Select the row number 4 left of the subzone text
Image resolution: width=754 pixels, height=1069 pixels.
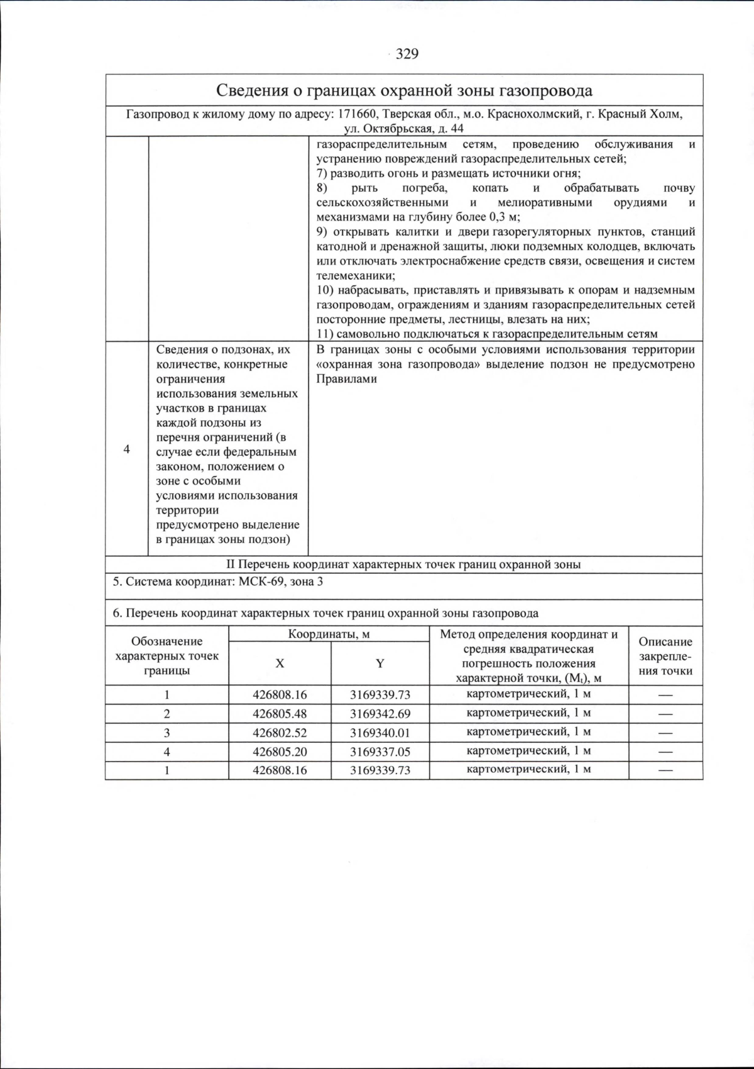127,449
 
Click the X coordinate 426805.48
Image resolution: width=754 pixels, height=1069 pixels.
280,714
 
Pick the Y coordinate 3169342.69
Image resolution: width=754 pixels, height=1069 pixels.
380,714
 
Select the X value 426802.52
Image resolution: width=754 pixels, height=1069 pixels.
280,733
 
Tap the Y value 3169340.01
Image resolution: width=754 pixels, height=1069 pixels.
380,733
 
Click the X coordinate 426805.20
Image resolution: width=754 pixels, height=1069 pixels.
280,752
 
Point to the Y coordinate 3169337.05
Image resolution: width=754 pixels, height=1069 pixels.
380,752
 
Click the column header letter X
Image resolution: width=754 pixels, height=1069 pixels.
280,663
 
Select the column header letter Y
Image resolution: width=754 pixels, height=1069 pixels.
380,663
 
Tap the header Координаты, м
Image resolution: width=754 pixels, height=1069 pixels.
329,634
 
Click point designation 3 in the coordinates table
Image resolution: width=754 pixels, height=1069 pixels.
167,733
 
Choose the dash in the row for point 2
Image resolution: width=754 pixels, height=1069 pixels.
665,714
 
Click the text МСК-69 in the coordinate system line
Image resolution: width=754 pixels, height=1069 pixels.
260,581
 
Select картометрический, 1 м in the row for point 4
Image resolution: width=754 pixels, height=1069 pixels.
528,751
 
